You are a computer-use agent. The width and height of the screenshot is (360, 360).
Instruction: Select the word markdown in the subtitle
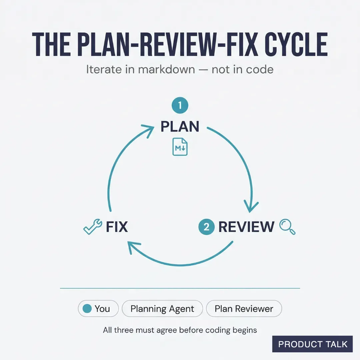pos(162,69)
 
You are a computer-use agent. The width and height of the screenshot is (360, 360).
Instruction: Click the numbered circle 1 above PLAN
pos(180,106)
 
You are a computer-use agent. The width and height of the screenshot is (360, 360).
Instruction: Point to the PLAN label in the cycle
pos(180,127)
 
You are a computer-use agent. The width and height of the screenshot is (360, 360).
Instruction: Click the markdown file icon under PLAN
pos(180,147)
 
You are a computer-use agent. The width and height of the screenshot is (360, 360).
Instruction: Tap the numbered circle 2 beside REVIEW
pos(206,227)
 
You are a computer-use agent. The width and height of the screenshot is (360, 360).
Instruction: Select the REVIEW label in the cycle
pos(246,227)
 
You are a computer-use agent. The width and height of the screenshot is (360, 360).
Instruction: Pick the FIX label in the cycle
pos(117,227)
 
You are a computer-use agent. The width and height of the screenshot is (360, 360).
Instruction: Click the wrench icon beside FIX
pos(92,227)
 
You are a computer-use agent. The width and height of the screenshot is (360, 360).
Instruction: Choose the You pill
pos(98,309)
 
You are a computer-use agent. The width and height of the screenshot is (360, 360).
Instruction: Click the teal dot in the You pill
pos(87,309)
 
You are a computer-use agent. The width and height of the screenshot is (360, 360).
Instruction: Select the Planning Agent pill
pos(162,309)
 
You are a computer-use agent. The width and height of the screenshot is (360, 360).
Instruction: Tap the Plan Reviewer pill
pos(244,309)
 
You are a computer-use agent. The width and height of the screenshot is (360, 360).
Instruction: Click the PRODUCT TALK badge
pos(312,344)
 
